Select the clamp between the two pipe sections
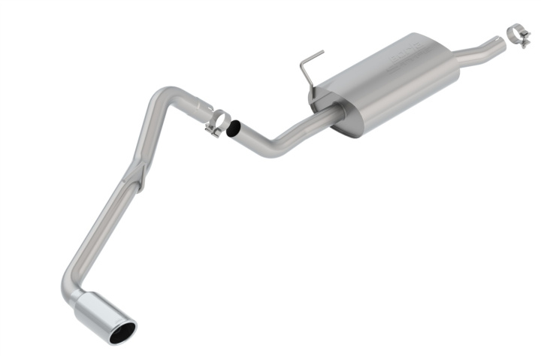click(x=219, y=122)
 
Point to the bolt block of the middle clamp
click(x=213, y=132)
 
